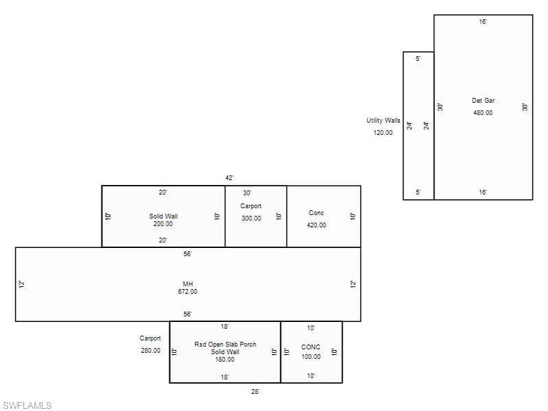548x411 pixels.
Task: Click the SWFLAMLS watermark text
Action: point(27,406)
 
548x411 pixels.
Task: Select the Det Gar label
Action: point(484,101)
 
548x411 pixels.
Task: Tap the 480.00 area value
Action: point(483,113)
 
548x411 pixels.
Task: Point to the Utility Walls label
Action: point(384,121)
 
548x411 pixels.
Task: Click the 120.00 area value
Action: point(383,133)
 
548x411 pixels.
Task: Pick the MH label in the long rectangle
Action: point(188,284)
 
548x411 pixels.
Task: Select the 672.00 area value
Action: point(188,292)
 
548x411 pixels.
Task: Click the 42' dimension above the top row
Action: point(229,178)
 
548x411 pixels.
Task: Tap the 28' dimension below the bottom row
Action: point(255,392)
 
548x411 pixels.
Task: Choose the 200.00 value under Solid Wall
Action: point(163,224)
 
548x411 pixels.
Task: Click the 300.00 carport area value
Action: point(251,219)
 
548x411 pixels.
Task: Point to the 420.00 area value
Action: point(316,225)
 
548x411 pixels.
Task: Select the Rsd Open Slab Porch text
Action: point(225,345)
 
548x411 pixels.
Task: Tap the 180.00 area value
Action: point(225,360)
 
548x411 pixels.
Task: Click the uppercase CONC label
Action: point(311,347)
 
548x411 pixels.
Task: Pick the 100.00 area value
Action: point(311,357)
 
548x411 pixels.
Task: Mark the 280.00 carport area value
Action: point(151,351)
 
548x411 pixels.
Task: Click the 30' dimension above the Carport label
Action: point(247,193)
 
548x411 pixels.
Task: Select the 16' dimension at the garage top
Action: point(483,22)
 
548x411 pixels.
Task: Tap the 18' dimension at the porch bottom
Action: point(225,377)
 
